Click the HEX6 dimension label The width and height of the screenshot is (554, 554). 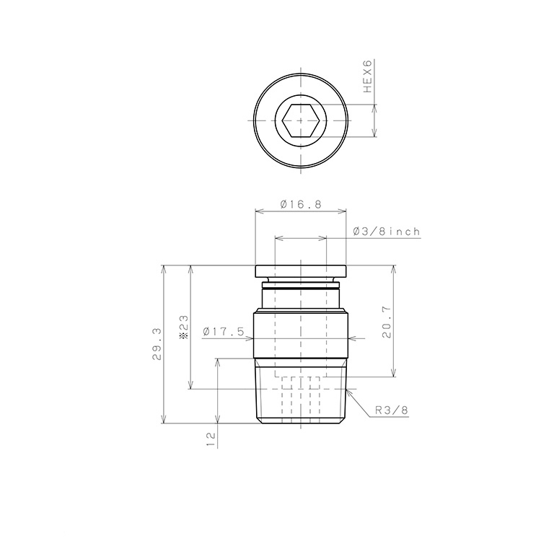368,76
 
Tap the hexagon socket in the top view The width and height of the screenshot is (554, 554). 301,120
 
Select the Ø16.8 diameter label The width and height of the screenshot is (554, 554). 301,204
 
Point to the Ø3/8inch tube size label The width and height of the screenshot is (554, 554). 387,232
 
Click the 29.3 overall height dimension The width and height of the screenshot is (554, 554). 157,344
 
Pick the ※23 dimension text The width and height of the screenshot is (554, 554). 184,327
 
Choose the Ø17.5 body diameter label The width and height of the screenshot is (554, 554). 224,332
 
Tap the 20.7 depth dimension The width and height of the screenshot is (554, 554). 387,322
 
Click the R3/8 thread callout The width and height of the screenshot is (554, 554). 392,410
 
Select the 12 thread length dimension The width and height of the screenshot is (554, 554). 211,440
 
